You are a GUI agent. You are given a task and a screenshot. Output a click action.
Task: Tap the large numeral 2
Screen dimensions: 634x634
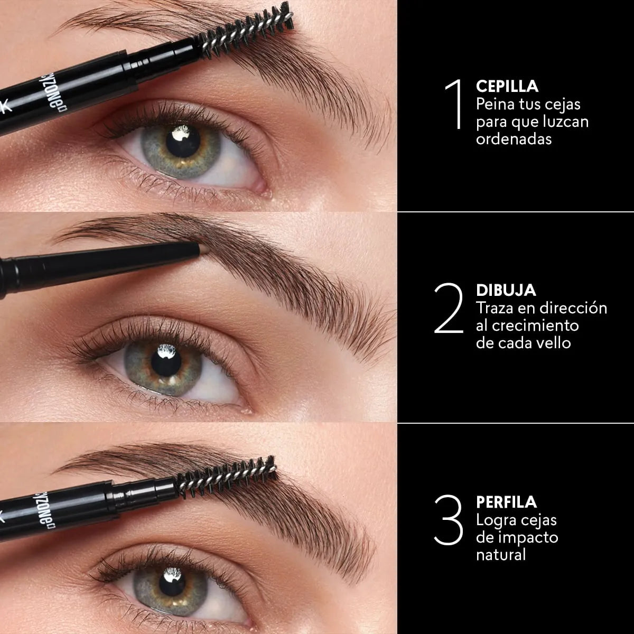coord(448,309)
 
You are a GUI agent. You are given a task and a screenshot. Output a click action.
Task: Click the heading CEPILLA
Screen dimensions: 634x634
coord(507,86)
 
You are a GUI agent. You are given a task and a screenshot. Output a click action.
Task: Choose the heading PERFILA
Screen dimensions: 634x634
coord(506,501)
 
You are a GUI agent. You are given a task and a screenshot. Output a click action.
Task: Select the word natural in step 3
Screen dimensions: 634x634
coord(500,555)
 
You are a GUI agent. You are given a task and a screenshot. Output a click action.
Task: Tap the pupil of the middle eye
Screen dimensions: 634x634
coord(166,361)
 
